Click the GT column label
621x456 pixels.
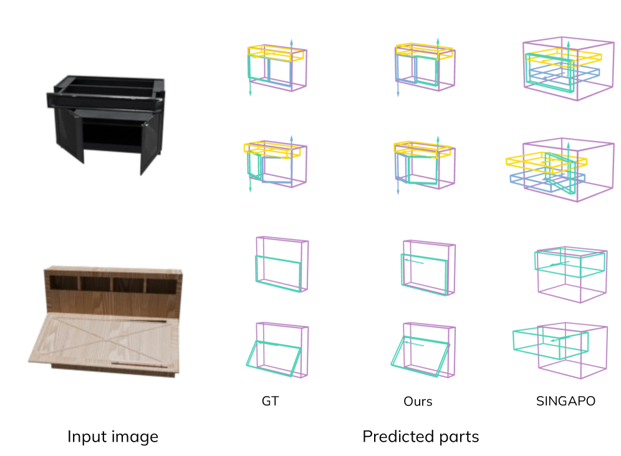click(x=270, y=401)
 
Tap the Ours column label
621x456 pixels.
click(x=418, y=401)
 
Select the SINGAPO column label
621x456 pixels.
click(x=566, y=401)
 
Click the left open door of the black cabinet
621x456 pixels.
click(x=70, y=134)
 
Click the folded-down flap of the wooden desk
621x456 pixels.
click(x=103, y=340)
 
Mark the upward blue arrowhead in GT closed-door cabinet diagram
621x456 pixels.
click(x=292, y=42)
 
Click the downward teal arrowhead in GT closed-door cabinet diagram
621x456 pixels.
click(x=250, y=93)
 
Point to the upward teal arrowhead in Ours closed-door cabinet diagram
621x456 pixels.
click(x=438, y=41)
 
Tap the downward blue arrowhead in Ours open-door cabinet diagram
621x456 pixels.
click(x=398, y=192)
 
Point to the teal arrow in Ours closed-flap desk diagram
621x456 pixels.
click(x=414, y=261)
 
